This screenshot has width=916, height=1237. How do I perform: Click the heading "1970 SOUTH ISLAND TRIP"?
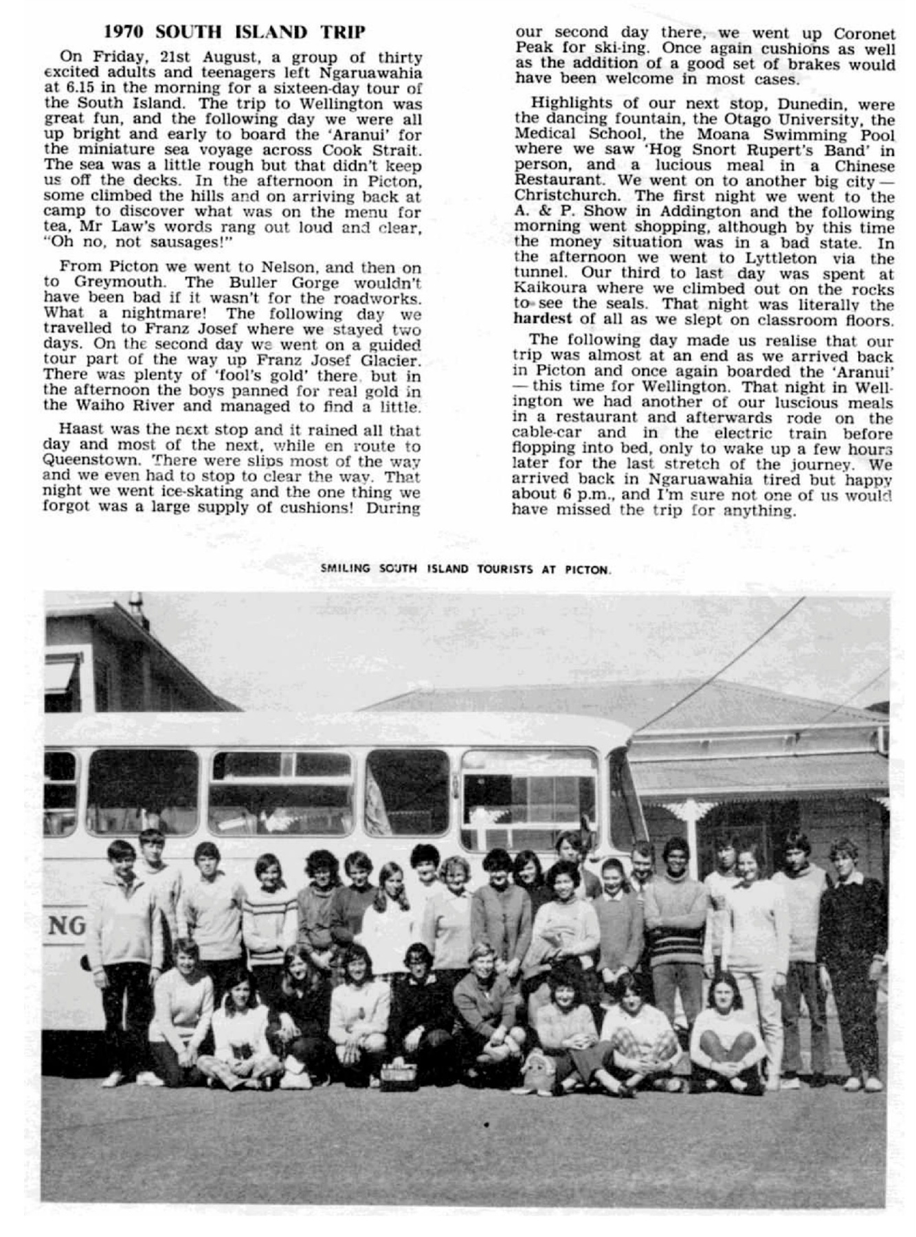click(234, 32)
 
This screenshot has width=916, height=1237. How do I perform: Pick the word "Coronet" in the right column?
click(864, 33)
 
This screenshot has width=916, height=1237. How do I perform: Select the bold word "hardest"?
click(542, 320)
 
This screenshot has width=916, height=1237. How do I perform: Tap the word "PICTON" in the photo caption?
click(590, 570)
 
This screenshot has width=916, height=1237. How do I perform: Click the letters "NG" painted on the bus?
click(67, 926)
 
